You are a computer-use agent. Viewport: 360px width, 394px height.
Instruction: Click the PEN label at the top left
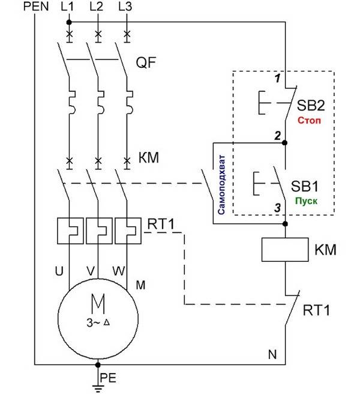point(37,8)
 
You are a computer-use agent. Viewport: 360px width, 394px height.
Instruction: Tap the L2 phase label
point(97,8)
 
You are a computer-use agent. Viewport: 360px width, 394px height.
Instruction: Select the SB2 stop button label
point(311,106)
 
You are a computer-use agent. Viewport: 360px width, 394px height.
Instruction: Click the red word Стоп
point(309,120)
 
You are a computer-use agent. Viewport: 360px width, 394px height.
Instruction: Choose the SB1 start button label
point(311,183)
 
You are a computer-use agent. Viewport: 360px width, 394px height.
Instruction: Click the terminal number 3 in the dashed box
point(277,208)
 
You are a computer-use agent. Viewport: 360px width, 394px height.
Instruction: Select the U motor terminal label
point(59,271)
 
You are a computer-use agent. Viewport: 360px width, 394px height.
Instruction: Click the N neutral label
point(272,354)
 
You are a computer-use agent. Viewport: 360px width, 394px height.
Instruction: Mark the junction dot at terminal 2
point(285,143)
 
